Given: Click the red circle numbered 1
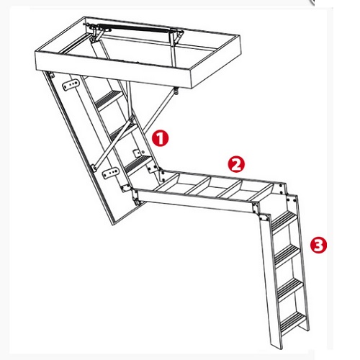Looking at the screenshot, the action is [160, 138].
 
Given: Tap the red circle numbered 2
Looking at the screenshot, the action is [236, 164].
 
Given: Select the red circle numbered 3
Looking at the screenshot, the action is [318, 245].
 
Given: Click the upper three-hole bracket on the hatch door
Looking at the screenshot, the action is [71, 84].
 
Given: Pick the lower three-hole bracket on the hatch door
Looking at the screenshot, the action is [111, 173].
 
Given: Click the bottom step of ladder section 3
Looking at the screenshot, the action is [294, 322].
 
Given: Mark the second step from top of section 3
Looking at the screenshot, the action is [287, 255].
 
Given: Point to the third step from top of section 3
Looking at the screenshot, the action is [291, 289].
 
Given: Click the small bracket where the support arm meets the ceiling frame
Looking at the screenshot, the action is [176, 91].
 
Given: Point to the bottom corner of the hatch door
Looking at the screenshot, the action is [114, 225].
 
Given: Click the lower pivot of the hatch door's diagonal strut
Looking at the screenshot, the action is [94, 167].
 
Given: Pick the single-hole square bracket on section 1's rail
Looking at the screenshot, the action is [138, 153].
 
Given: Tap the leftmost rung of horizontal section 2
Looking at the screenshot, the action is [167, 183].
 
